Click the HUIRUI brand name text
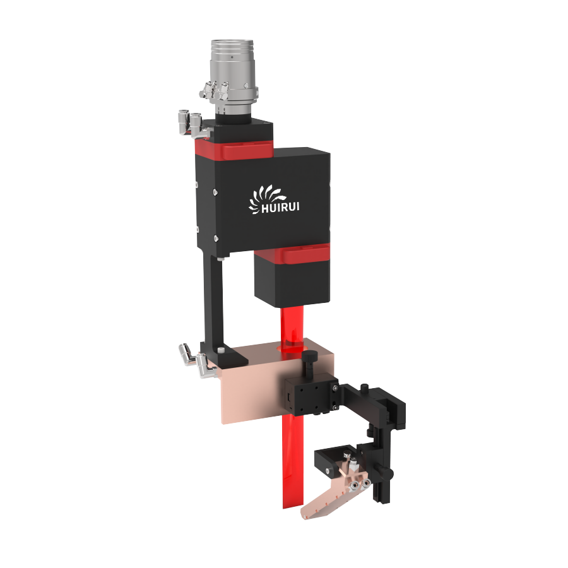[x=280, y=208]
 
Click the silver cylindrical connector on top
[x=233, y=76]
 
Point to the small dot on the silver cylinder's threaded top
[x=232, y=57]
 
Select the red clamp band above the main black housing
[x=234, y=149]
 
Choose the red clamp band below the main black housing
[x=292, y=254]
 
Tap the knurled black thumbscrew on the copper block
[x=310, y=364]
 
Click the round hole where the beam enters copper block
[x=290, y=348]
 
